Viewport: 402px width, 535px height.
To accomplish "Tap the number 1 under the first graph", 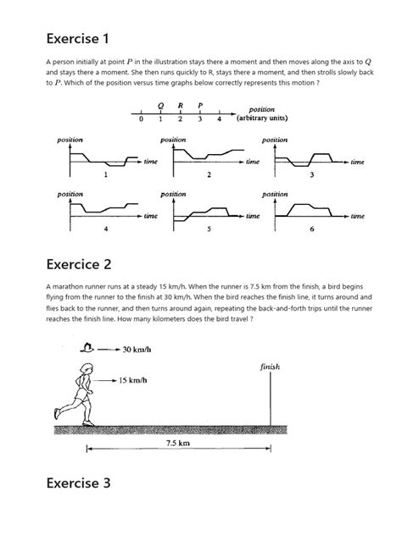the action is [x=105, y=176].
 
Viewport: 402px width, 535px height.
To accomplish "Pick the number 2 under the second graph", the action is [x=208, y=176].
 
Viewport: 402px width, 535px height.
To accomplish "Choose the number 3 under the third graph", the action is [x=311, y=176].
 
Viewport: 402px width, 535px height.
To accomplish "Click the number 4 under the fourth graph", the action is [x=105, y=229].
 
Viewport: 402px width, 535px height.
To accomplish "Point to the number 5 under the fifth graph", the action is [x=208, y=229].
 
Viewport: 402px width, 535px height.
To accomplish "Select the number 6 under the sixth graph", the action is [x=311, y=229].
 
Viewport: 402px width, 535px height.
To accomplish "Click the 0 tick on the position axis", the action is [x=141, y=120].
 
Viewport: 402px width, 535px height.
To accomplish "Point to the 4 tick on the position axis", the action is [x=219, y=120].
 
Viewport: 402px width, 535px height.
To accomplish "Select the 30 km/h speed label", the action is [x=137, y=349].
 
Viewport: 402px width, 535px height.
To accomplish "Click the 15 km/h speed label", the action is [x=131, y=380].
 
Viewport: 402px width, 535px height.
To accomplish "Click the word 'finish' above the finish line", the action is [x=271, y=367].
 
